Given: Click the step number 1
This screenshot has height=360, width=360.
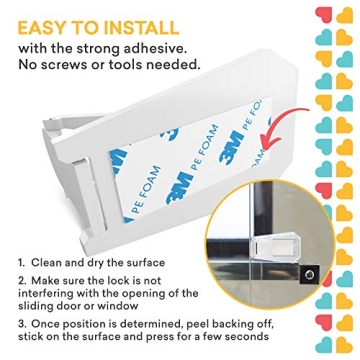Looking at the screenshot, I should (x=21, y=263).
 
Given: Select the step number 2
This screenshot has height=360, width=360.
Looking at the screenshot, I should (x=21, y=282).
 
